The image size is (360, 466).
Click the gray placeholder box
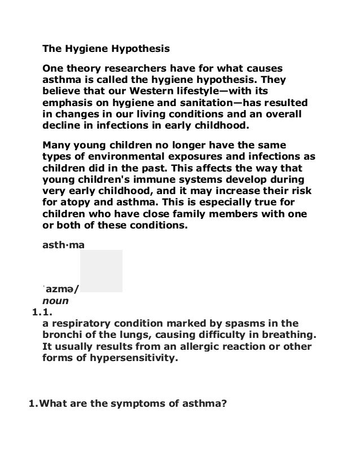[x=101, y=271]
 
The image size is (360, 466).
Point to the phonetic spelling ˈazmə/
[x=62, y=289]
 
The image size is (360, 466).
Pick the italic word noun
[x=55, y=301]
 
